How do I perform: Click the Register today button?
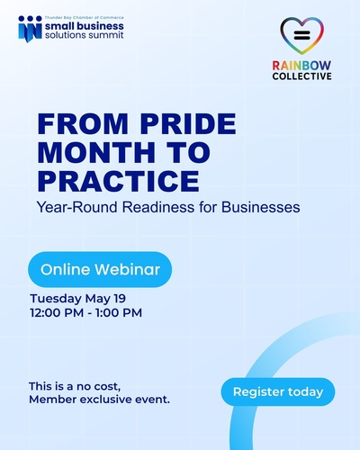(278, 391)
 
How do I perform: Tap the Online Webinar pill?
(100, 269)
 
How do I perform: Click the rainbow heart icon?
(301, 36)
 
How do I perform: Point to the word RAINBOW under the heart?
(301, 66)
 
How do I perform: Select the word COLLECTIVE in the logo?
(301, 76)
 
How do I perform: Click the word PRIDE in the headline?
(188, 123)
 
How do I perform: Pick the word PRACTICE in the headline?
(119, 181)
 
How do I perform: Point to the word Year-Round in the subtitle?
(76, 207)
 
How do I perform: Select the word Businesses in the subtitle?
(261, 207)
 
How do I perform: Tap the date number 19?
(120, 299)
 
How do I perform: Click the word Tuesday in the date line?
(56, 299)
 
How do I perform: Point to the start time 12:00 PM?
(57, 313)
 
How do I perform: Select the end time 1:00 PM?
(119, 313)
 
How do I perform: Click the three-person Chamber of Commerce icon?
(30, 29)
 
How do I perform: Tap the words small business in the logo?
(85, 26)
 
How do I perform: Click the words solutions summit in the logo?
(85, 35)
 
